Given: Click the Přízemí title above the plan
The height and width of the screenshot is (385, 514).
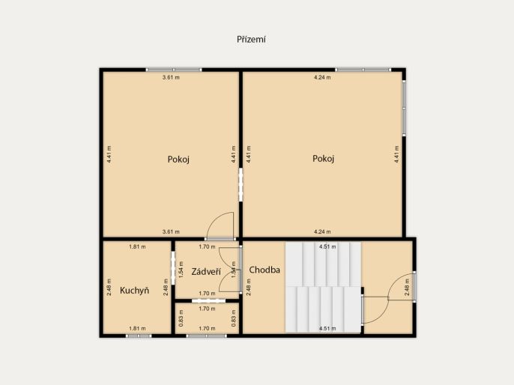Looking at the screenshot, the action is pos(251,39).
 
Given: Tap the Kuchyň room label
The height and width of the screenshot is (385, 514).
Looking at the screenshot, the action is pos(134,291).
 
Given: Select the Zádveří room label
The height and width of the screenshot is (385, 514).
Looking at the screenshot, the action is pos(206,272).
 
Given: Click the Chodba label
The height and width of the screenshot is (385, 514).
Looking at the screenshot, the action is pos(264,270).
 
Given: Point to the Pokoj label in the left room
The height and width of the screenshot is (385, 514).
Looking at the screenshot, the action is pos(178,160).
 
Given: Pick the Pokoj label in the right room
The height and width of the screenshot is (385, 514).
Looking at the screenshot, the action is pos(323,159).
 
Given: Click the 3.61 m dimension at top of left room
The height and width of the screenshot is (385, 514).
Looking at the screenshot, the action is pos(171,78).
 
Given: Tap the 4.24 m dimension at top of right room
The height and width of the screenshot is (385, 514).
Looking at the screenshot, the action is pos(322,78).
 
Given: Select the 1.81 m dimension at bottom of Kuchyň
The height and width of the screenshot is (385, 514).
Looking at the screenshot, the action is pos(137,328).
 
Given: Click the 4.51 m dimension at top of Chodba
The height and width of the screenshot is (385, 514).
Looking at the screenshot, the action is pos(327,246).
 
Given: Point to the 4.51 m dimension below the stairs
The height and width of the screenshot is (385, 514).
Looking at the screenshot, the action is pos(327,328).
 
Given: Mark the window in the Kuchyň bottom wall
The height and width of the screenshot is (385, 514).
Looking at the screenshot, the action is pos(139,336).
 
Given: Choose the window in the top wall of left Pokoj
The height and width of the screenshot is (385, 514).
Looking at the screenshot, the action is pos(174,70).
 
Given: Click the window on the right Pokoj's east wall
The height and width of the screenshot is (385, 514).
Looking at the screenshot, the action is pos(404,107).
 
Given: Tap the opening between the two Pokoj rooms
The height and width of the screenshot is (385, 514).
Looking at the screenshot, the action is pos(241,184).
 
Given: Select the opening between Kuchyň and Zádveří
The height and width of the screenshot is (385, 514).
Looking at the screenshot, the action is pos(173,267).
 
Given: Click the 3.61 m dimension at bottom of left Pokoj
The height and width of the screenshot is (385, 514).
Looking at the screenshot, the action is pos(171,231).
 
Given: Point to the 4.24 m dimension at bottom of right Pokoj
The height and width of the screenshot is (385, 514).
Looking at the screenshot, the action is pos(322,231).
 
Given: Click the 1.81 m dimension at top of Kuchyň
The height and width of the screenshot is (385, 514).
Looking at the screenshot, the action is pos(137,246).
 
